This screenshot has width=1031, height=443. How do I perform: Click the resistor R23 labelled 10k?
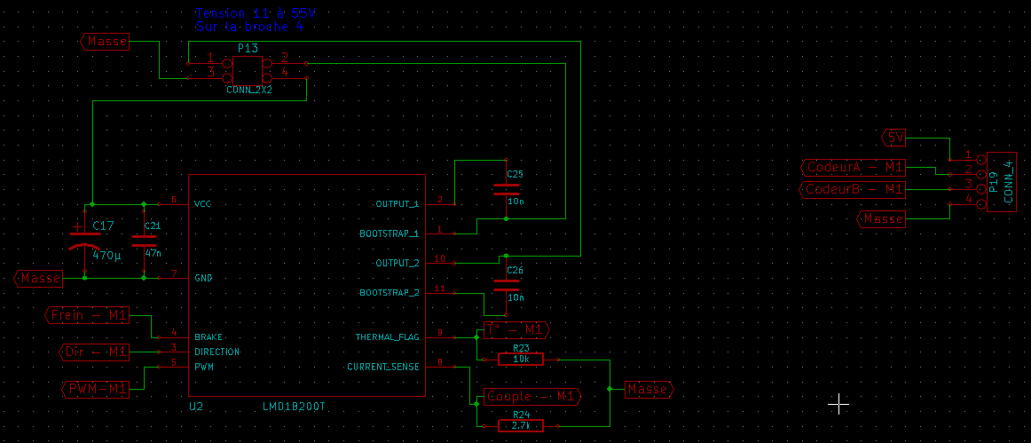point(520,360)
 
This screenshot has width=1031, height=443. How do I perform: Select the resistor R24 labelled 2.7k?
point(520,425)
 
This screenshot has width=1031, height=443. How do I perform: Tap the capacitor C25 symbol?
point(506,189)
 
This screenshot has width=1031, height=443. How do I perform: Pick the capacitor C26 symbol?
point(506,285)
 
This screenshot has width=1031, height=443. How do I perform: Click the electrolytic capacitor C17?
point(85,241)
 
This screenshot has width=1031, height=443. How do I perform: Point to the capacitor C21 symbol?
point(144,240)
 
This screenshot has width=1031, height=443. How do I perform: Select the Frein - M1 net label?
point(87,315)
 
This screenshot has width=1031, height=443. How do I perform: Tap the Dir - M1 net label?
point(95,352)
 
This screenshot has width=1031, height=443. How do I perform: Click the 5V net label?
point(895,138)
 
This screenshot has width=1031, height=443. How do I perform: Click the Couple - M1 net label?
point(531,396)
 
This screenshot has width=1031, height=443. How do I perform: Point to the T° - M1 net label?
point(516,330)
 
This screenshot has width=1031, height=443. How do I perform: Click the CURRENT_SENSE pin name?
point(382,366)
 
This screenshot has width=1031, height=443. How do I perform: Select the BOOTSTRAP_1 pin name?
point(389,234)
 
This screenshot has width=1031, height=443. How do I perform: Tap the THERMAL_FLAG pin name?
point(387,337)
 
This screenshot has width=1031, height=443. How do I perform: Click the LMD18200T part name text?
point(294,407)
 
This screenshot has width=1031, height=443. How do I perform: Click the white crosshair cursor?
point(838,405)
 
